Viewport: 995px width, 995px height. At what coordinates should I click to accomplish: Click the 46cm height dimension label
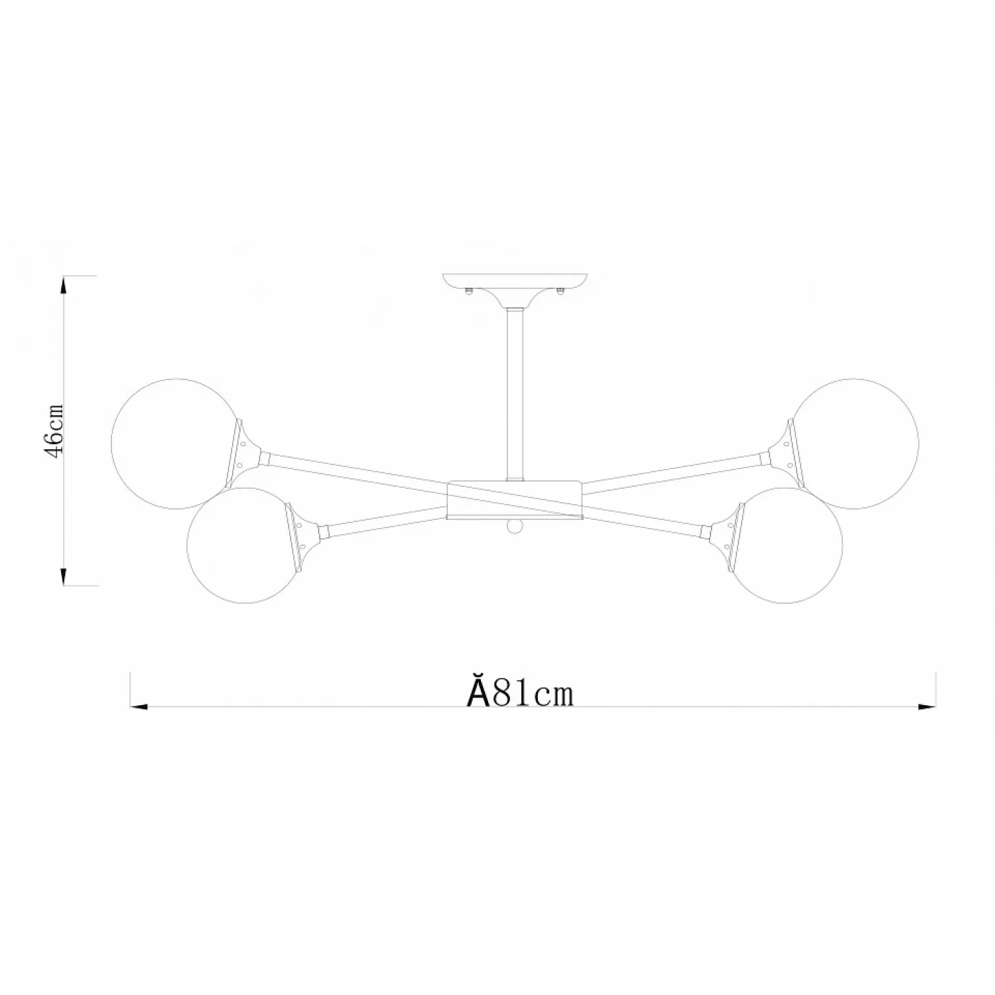click(52, 431)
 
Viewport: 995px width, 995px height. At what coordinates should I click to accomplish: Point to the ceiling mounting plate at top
click(515, 282)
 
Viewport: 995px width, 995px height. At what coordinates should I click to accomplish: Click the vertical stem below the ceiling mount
click(515, 393)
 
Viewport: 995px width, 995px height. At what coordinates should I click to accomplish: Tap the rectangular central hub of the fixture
click(515, 499)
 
